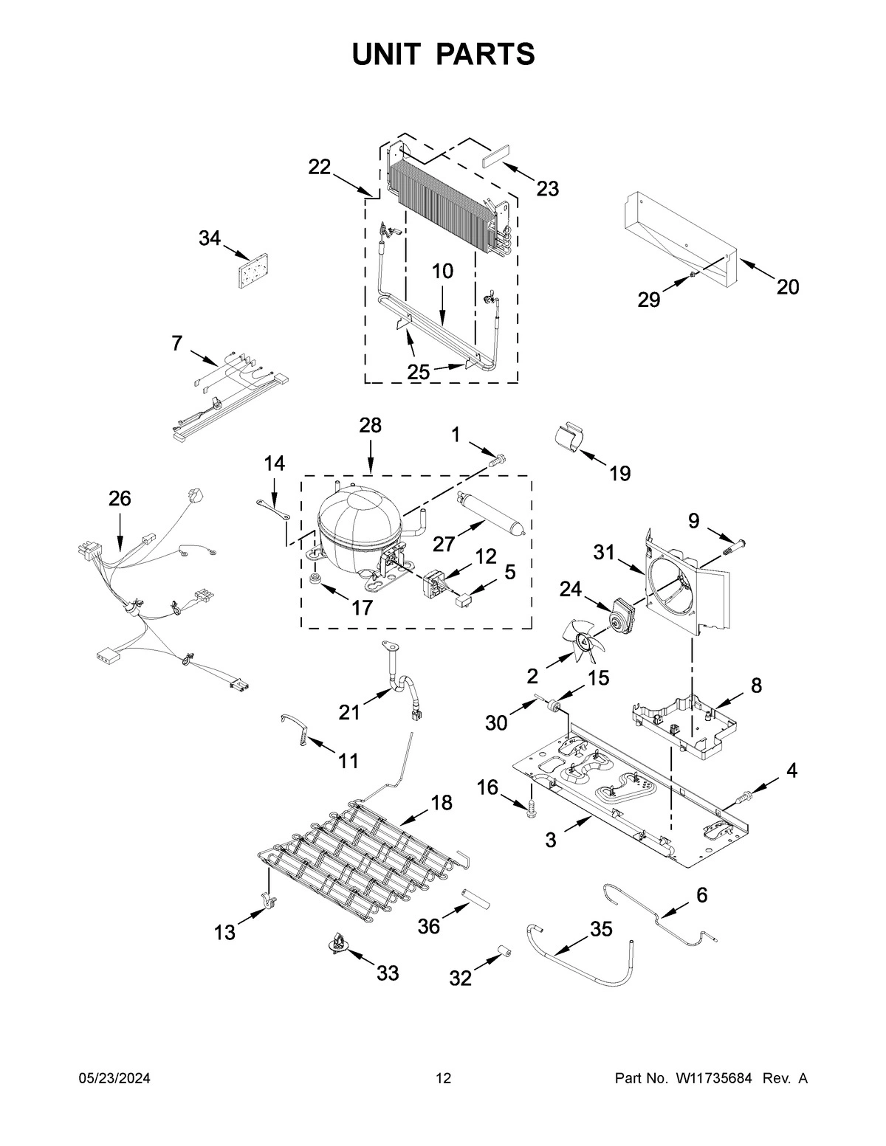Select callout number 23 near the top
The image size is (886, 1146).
(547, 189)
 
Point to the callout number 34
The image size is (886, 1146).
(210, 238)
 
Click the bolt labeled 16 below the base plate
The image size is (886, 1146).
(530, 808)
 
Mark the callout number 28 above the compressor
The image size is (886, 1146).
(371, 426)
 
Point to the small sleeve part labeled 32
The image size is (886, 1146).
(504, 952)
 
